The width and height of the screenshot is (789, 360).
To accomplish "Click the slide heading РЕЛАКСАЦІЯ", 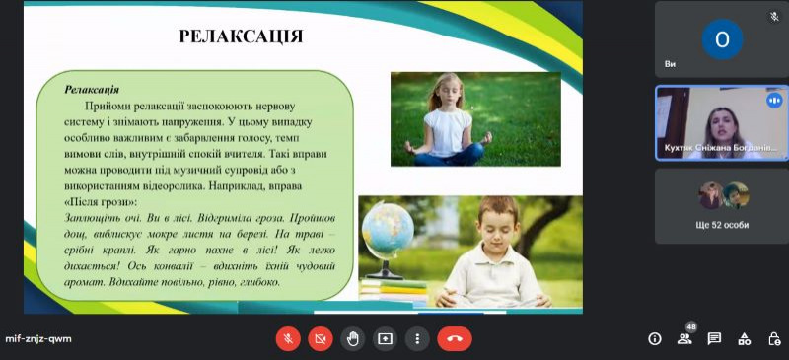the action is click(x=241, y=36).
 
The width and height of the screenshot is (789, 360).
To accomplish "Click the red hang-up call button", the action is click(x=455, y=339).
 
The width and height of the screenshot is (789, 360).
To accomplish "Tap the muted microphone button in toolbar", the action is click(x=288, y=339).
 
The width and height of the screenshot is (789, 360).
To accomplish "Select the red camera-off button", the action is click(x=320, y=339).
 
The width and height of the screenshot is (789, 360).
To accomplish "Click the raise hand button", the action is click(x=352, y=339).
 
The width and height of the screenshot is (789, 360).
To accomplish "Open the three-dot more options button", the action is click(x=417, y=339).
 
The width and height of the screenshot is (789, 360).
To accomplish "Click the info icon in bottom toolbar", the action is click(x=655, y=339).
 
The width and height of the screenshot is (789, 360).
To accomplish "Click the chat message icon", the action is click(x=714, y=339).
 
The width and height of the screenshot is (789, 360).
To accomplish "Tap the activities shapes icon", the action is click(x=745, y=339).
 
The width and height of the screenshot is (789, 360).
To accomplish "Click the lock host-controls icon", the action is click(x=774, y=339).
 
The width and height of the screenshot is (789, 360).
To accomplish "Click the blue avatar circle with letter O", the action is click(x=722, y=39).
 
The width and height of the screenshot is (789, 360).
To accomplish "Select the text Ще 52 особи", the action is click(x=722, y=225).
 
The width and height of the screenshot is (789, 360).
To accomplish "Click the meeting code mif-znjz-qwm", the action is click(x=38, y=339).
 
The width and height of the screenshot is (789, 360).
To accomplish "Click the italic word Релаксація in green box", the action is click(x=92, y=90).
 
